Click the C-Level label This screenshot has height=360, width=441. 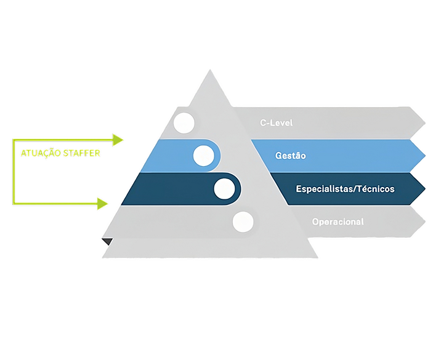pos(275,123)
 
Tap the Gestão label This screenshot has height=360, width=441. pos(290,156)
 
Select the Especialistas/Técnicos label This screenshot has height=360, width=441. pos(345,188)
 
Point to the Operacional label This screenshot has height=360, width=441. pos(338,222)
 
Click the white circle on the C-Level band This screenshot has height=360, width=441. pos(184,123)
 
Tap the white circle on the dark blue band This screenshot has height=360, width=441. pos(223,188)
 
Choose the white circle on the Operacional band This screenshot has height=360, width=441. pos(243,221)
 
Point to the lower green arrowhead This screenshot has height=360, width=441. pos(103,203)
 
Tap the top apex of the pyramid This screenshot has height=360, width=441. pos(209,69)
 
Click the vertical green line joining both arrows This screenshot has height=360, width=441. pos(14,171)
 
